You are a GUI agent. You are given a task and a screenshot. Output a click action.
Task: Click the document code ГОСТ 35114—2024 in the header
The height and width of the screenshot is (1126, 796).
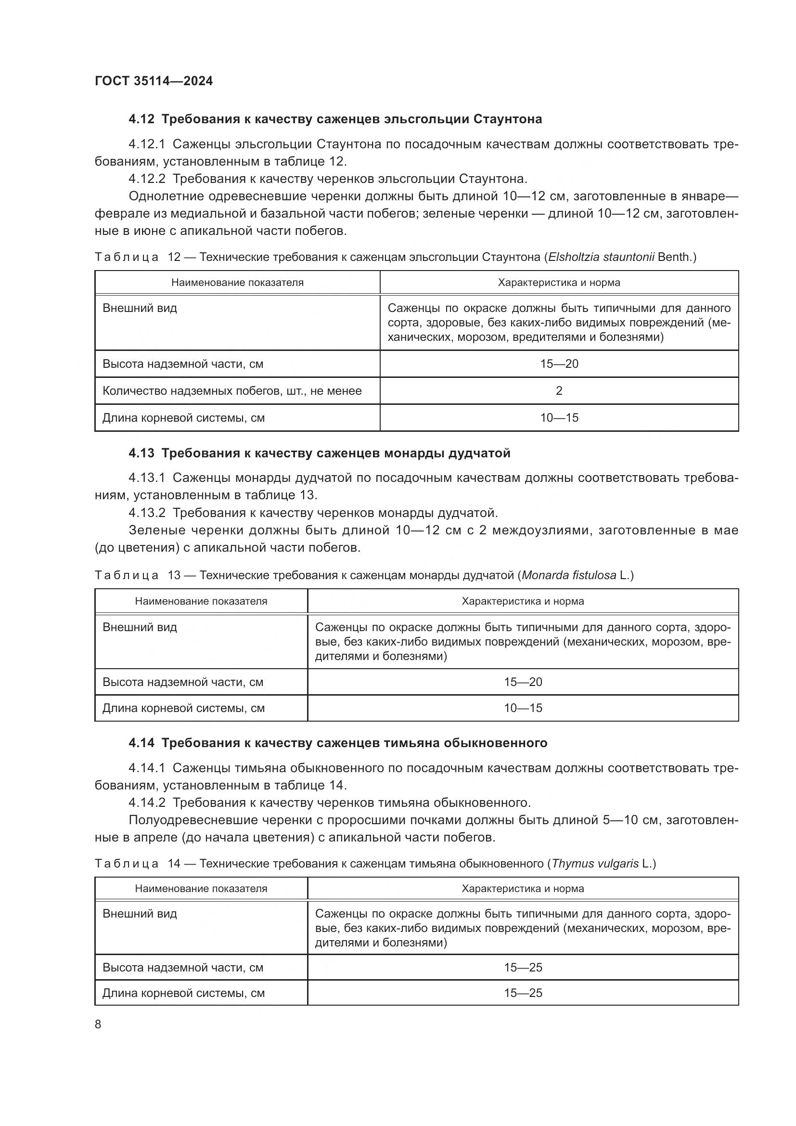pos(154,81)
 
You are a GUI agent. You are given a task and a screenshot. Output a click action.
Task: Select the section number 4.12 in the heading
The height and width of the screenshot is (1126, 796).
pos(141,119)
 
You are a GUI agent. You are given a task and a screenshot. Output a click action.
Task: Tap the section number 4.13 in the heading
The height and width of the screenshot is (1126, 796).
pos(141,453)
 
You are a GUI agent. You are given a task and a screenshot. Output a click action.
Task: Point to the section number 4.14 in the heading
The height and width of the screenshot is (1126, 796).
pos(141,743)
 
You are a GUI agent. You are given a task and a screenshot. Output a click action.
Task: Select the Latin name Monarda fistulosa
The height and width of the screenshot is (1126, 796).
pos(568,575)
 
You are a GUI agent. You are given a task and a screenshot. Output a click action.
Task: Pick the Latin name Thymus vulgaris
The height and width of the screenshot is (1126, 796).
pos(595,864)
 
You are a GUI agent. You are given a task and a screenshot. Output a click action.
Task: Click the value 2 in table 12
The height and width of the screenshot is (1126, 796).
pos(559,391)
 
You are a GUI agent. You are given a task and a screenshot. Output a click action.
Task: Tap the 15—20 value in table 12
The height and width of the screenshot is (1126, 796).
pos(559,364)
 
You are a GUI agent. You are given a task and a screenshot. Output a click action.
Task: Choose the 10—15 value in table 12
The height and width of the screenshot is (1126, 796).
pos(559,418)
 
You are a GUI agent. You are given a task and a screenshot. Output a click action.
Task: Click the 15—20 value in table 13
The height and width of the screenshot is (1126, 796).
pos(523,682)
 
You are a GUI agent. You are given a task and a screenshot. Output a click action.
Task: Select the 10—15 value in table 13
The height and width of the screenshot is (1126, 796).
pos(523,708)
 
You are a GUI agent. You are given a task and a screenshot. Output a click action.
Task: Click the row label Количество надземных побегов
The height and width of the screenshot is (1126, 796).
pos(232,391)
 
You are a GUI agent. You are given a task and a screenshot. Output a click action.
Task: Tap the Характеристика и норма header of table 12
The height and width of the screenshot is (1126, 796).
pos(559,283)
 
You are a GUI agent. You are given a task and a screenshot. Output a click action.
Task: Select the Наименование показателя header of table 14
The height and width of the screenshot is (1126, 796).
pos(201,889)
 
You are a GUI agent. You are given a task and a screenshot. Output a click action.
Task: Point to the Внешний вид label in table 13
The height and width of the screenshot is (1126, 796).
pos(140,627)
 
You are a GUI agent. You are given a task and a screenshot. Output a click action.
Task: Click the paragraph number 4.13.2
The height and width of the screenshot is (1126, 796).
pos(147,513)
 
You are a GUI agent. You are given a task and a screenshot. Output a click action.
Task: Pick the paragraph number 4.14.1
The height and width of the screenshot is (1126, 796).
pos(147,768)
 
